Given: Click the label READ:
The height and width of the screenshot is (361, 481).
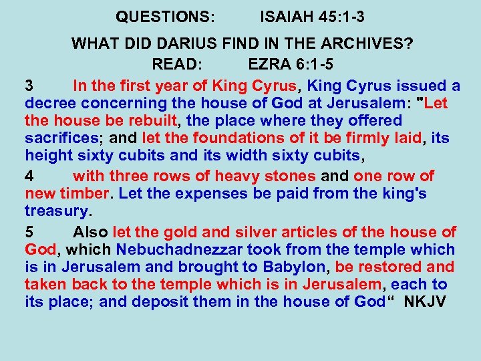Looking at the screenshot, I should [x=177, y=65].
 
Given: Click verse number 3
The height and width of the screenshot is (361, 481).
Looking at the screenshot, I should [x=29, y=86].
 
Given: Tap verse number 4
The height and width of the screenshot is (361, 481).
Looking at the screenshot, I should [x=29, y=176].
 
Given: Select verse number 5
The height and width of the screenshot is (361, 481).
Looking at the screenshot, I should [x=29, y=233].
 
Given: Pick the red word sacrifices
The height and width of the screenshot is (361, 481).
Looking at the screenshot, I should [x=62, y=138].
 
